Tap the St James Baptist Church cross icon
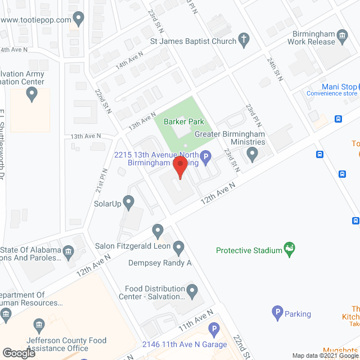pos(244,39)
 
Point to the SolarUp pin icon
pos(129,201)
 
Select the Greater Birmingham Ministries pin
pos(253,153)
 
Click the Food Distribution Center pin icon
pos(192,291)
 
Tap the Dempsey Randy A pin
pos(179,246)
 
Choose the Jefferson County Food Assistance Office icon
pos(39,325)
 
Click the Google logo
pos(19,353)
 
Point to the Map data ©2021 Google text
pos(325,355)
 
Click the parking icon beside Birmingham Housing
pos(206,158)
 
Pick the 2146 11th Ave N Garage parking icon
pos(213,329)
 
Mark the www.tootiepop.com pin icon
pos(78,20)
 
